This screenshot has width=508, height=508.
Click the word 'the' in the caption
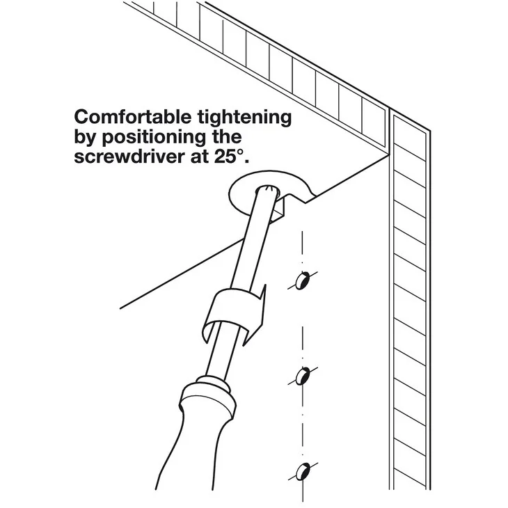(x=227, y=137)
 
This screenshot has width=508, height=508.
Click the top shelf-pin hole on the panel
(x=303, y=280)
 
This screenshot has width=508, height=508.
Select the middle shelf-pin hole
(x=303, y=376)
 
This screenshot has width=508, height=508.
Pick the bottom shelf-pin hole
(x=303, y=471)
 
